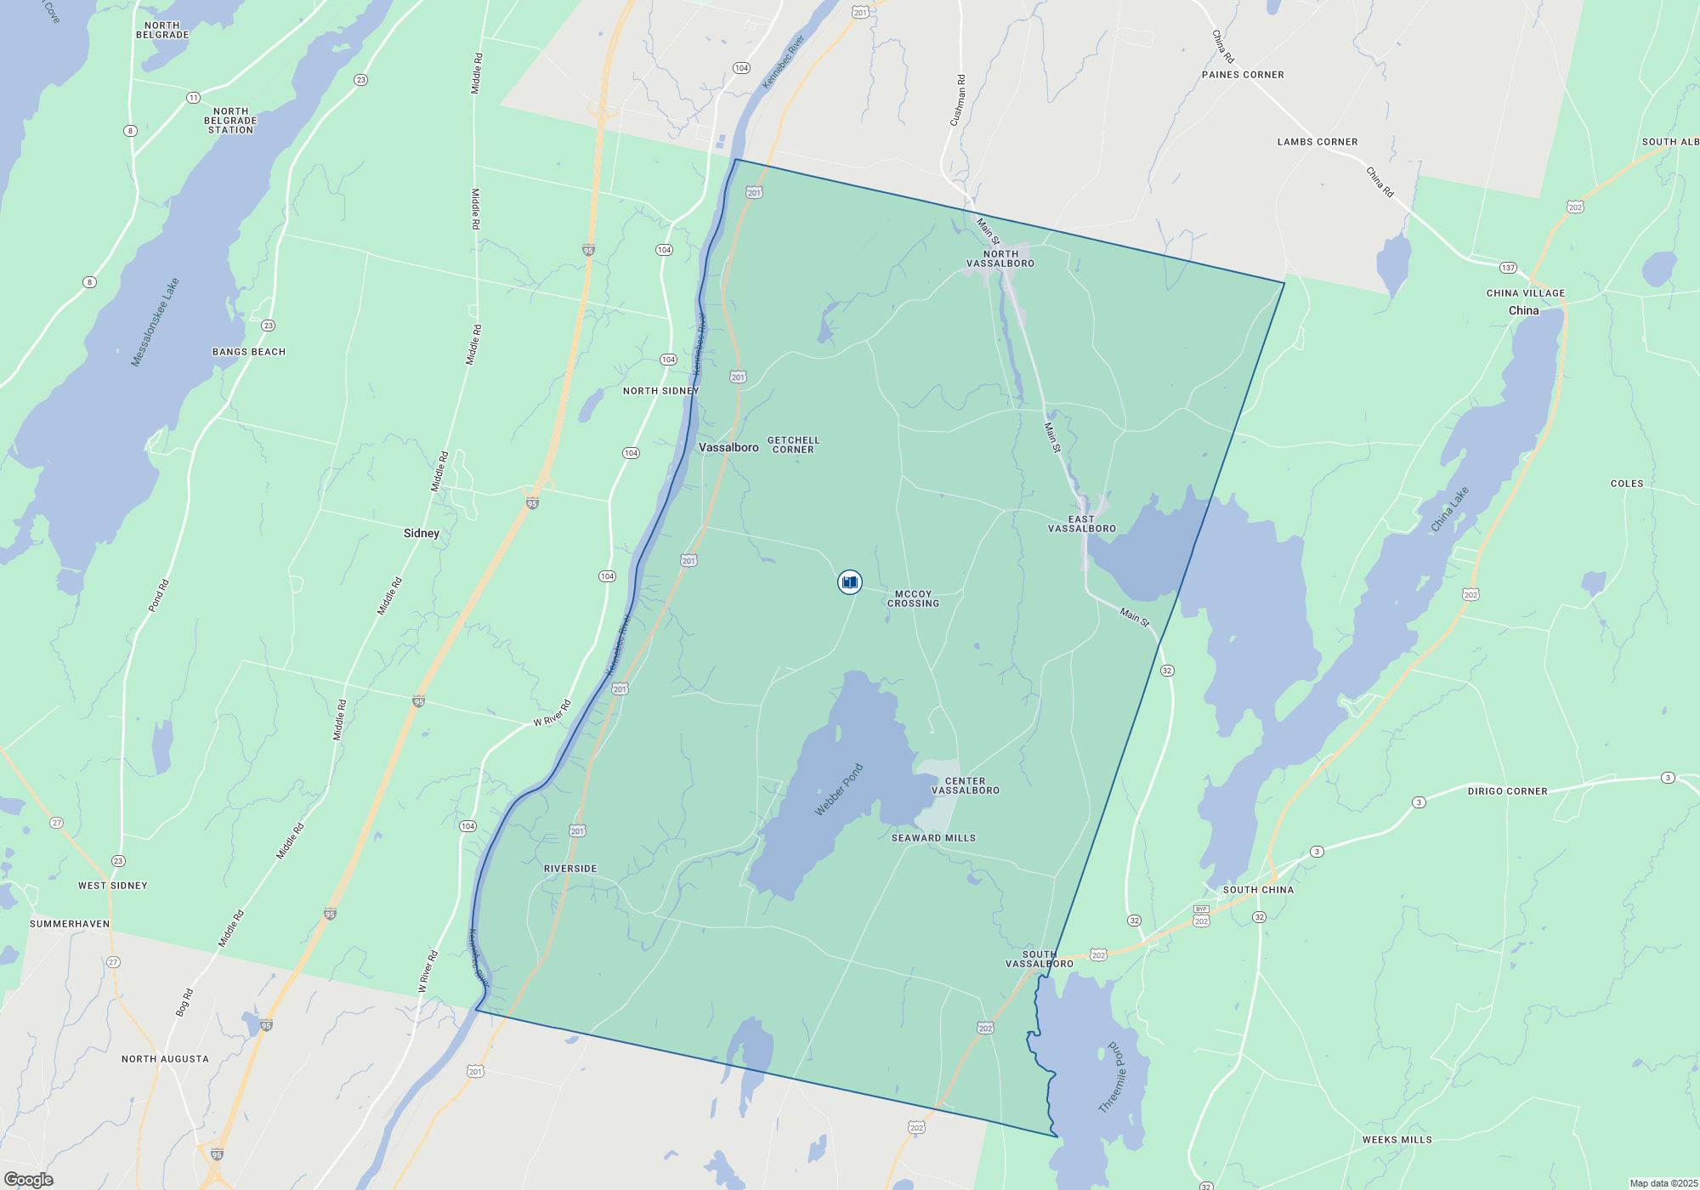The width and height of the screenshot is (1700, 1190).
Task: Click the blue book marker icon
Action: click(x=849, y=582)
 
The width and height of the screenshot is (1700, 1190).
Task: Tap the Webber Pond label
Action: click(x=839, y=790)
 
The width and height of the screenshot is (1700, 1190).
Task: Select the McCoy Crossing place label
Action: click(x=913, y=599)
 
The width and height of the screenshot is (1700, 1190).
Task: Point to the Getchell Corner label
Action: click(x=793, y=445)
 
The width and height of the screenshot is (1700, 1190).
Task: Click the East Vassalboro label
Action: click(x=1081, y=524)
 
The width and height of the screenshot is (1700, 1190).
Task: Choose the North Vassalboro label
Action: click(x=1000, y=258)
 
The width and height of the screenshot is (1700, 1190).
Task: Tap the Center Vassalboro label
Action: click(x=966, y=785)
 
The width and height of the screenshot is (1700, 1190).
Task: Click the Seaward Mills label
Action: click(x=933, y=838)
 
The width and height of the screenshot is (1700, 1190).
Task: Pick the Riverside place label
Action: click(x=570, y=869)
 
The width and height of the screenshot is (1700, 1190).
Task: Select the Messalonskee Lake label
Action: click(x=155, y=322)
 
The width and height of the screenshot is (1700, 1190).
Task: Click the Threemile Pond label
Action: click(x=1112, y=1077)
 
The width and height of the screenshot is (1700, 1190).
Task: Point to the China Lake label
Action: click(x=1449, y=509)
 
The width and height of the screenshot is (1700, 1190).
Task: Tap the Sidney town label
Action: click(x=422, y=533)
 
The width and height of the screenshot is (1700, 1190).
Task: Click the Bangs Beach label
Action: click(x=249, y=352)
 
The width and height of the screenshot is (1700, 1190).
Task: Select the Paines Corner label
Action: click(x=1243, y=75)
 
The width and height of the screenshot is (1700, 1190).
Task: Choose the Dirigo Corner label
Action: click(x=1507, y=791)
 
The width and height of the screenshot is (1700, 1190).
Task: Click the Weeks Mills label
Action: click(x=1397, y=1140)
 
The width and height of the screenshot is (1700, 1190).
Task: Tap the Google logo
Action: click(x=29, y=1180)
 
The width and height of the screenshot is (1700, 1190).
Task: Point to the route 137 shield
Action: click(x=1508, y=268)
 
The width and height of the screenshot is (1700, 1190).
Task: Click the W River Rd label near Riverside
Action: click(x=552, y=713)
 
